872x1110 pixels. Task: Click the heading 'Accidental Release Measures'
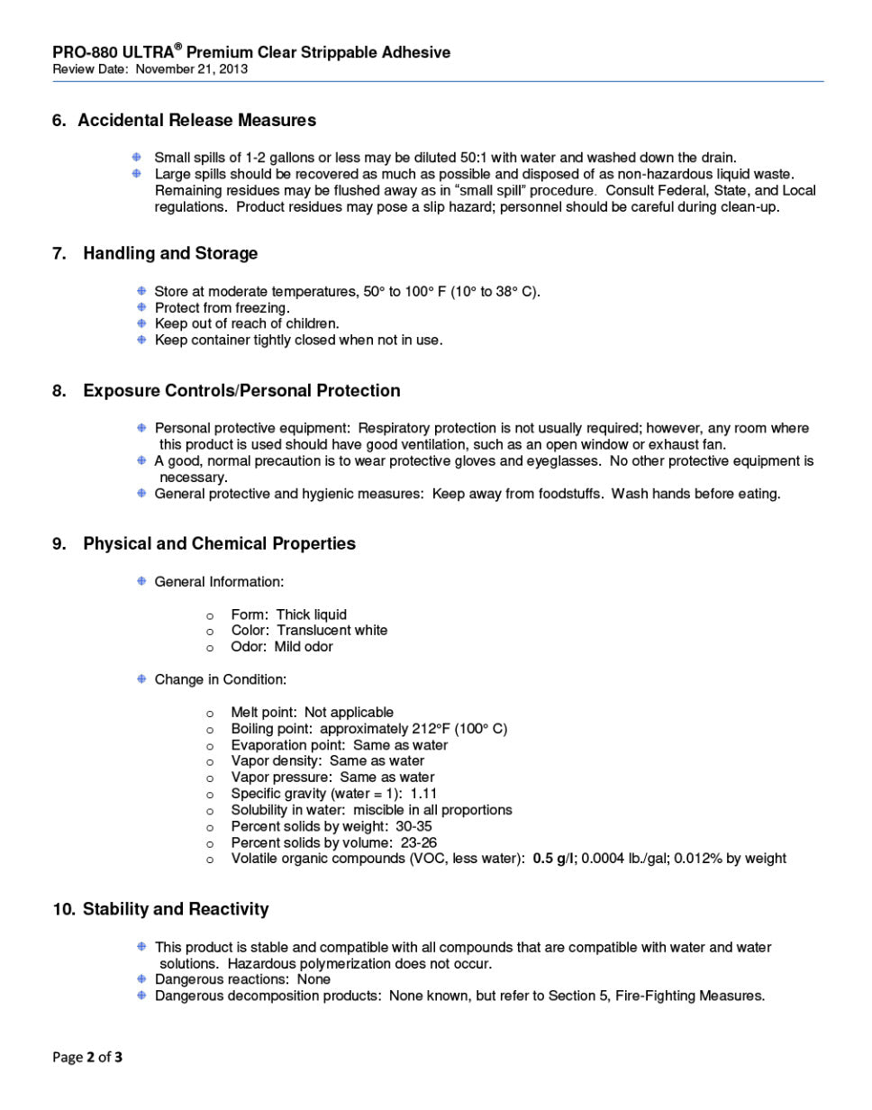(x=196, y=121)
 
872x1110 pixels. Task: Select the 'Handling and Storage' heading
(x=170, y=254)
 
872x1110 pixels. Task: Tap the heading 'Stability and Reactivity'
(x=176, y=910)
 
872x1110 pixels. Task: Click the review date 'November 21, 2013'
(x=192, y=69)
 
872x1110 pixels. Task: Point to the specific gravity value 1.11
(x=423, y=794)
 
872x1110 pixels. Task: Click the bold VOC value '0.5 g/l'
(x=554, y=859)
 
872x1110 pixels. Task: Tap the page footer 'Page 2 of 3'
(x=87, y=1058)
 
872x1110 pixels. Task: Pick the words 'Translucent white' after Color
(x=332, y=631)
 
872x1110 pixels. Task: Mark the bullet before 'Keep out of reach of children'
(x=141, y=323)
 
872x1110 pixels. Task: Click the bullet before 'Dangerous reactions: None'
(x=141, y=979)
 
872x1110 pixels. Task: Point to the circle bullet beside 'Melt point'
(x=210, y=714)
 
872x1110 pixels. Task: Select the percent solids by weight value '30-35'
(x=413, y=826)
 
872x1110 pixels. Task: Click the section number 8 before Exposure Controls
(x=59, y=391)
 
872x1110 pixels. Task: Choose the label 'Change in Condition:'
(x=220, y=679)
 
